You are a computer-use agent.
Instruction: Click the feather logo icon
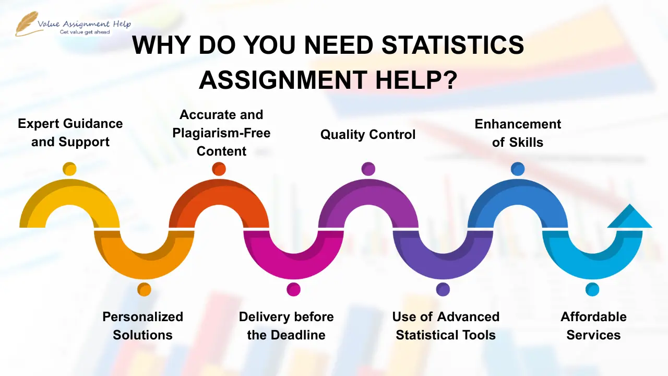tap(26, 23)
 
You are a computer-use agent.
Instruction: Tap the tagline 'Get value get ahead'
tap(85, 32)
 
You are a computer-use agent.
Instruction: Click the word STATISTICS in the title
tap(452, 45)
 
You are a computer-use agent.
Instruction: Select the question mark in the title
tap(450, 80)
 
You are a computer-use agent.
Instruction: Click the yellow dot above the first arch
tap(69, 169)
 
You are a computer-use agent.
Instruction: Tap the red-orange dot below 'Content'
tap(219, 169)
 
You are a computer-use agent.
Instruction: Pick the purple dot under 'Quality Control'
tap(368, 169)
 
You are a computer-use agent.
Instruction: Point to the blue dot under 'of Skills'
tap(518, 169)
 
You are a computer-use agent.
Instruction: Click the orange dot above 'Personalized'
tap(145, 289)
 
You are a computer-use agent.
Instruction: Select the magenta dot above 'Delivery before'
tap(293, 289)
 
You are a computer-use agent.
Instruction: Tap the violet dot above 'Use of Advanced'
tap(443, 289)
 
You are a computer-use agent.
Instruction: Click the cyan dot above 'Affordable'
tap(592, 289)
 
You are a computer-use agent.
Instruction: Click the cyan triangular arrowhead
tap(630, 218)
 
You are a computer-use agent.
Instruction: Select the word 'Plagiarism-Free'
tap(221, 133)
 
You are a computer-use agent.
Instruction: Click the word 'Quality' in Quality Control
tap(342, 135)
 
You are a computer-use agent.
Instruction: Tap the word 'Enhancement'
tap(518, 124)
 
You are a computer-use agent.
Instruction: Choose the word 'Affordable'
tap(593, 317)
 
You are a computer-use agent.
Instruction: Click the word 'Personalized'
tap(143, 317)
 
